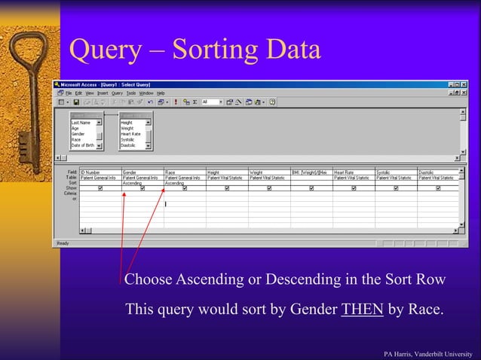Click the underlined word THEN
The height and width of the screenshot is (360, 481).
363,310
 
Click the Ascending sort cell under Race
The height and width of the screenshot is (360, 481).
175,183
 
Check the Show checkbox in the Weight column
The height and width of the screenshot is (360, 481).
269,188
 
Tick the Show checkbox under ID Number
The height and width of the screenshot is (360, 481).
100,188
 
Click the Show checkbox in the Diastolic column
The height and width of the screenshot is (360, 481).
438,188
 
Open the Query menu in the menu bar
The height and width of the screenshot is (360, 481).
118,93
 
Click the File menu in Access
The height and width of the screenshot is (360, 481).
69,93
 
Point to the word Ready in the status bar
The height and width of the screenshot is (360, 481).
63,243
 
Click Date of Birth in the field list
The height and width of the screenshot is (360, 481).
83,145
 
